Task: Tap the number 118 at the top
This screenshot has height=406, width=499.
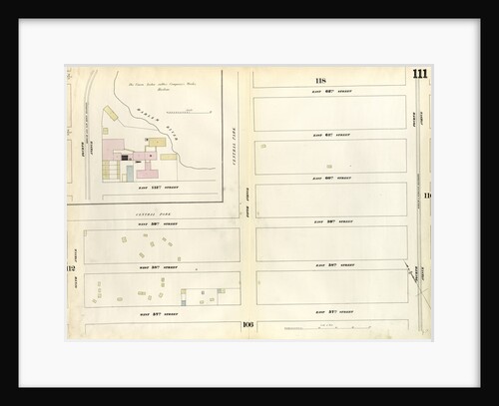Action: coord(320,80)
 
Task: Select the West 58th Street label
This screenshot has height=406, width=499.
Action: coord(160,267)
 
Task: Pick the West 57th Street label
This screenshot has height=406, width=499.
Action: coord(160,312)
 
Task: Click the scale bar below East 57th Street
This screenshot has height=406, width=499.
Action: coord(304,328)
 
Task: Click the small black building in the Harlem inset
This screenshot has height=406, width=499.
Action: coord(125,157)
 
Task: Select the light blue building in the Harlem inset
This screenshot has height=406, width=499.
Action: coord(129,172)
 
